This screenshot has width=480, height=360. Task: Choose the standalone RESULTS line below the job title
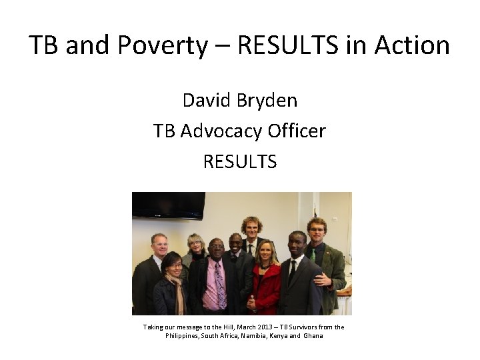click(240, 161)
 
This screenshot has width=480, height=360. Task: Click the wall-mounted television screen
click(168, 205)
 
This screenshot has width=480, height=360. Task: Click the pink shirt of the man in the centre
click(215, 283)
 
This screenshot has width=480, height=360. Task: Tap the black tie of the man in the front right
click(292, 270)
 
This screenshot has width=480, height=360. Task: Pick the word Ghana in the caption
click(313, 336)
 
